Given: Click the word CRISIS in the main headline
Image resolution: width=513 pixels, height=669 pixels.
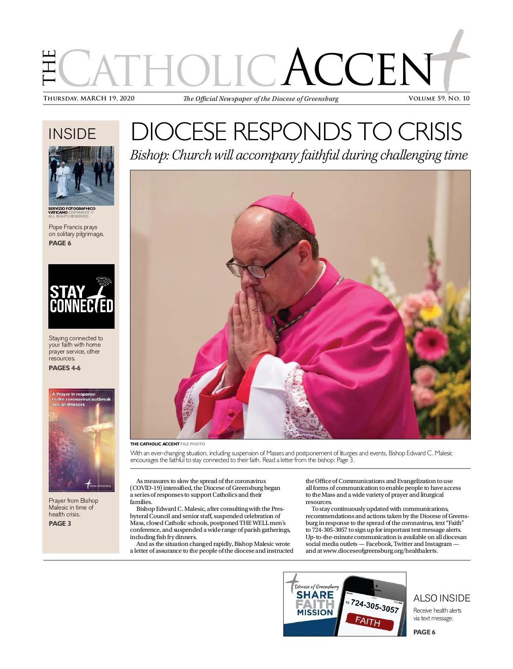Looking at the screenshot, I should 430,132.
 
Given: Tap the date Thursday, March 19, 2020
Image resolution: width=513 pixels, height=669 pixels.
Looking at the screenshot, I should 89,99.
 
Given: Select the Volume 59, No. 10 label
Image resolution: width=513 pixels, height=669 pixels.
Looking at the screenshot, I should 439,99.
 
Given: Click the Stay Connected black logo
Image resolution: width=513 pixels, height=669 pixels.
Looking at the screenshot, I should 81,296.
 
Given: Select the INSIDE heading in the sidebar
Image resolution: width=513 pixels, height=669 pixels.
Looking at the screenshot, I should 72,134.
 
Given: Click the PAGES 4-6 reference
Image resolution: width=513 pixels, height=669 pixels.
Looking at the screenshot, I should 65,368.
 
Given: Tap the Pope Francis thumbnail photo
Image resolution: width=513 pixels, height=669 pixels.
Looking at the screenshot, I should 81,176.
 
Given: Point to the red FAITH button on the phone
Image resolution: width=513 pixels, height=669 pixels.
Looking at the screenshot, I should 368,621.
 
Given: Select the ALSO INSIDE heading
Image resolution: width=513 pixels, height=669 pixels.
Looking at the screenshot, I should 442,598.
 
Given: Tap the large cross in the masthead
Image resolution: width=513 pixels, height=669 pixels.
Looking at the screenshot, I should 452,60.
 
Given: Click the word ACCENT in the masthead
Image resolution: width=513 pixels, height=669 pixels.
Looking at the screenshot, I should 359,68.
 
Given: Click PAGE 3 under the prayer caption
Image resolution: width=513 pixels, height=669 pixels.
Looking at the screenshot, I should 60,524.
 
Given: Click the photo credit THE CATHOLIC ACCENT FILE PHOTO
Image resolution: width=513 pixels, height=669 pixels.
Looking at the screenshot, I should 168,444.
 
